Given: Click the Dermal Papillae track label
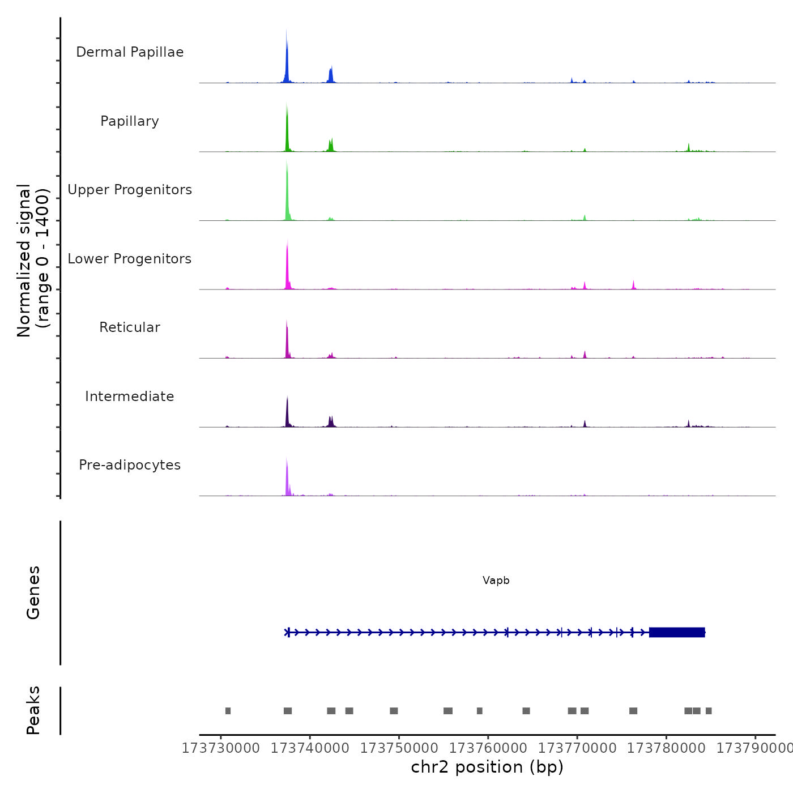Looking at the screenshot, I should pyautogui.click(x=130, y=52).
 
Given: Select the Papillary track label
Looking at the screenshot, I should pyautogui.click(x=130, y=121).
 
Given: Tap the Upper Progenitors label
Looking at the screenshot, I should pyautogui.click(x=130, y=190).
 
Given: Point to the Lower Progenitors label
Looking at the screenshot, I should pyautogui.click(x=130, y=259).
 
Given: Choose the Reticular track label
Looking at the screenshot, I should pyautogui.click(x=130, y=327).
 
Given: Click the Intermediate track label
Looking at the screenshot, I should pyautogui.click(x=130, y=396).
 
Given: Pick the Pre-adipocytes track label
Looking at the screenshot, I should pyautogui.click(x=130, y=465).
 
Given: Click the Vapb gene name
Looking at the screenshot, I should pyautogui.click(x=496, y=581).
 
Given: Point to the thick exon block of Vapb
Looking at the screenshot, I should pyautogui.click(x=677, y=632).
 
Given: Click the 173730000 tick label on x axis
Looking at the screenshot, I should pyautogui.click(x=221, y=748).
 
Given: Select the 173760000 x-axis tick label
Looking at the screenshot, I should pyautogui.click(x=488, y=748).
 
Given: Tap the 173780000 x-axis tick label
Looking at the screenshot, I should pyautogui.click(x=666, y=748).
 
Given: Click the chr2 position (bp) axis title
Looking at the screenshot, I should pyautogui.click(x=487, y=767).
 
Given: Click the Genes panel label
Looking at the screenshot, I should pyautogui.click(x=33, y=592).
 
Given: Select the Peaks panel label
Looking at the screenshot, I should pyautogui.click(x=33, y=710).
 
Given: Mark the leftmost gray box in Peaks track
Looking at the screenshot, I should pyautogui.click(x=228, y=711).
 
